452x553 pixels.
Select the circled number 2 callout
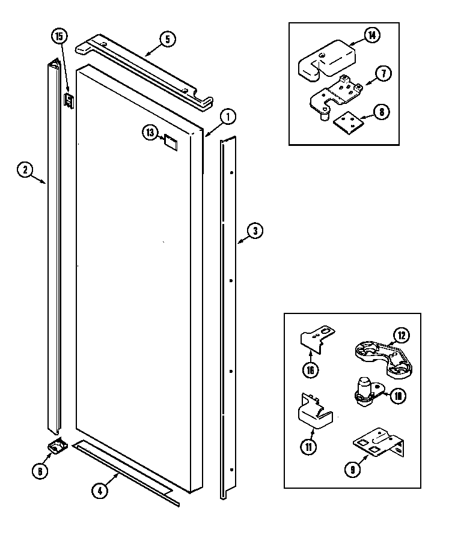pyautogui.click(x=25, y=171)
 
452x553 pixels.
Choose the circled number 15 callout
pyautogui.click(x=58, y=37)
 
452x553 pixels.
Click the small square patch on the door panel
pyautogui.click(x=170, y=142)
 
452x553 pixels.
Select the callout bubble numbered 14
pyautogui.click(x=372, y=36)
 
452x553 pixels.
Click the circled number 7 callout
pyautogui.click(x=383, y=74)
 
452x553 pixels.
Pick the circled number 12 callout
pyautogui.click(x=400, y=334)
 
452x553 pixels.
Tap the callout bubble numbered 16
pyautogui.click(x=310, y=370)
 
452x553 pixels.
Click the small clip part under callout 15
pyautogui.click(x=69, y=100)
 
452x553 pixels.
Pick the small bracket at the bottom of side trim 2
pyautogui.click(x=57, y=446)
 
